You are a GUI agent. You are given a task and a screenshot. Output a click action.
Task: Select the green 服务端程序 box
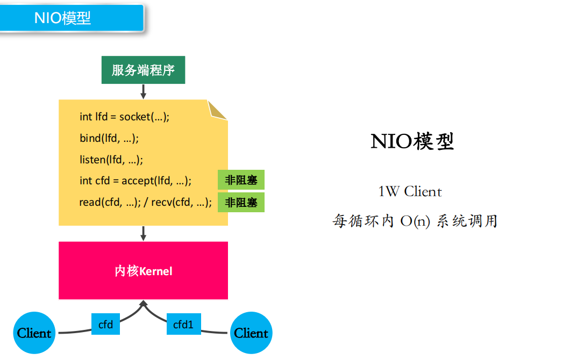click(143, 70)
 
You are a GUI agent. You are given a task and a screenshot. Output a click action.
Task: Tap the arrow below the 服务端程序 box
click(143, 91)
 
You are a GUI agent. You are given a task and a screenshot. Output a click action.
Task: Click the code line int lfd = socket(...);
click(124, 117)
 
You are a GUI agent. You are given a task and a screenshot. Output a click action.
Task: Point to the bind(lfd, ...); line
click(109, 138)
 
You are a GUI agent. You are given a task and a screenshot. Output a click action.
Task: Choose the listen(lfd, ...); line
click(111, 160)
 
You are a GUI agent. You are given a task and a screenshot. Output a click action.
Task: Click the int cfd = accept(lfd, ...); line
click(136, 181)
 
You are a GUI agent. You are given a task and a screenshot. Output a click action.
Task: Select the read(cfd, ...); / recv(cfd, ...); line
click(145, 203)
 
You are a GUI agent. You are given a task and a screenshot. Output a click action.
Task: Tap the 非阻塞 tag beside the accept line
click(241, 181)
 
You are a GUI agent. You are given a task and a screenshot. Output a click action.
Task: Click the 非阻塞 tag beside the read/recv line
click(241, 203)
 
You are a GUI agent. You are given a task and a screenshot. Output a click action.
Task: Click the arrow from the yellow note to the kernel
click(143, 233)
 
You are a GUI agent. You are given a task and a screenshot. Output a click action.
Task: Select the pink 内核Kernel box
click(143, 270)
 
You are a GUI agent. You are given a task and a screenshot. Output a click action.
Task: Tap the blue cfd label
click(105, 324)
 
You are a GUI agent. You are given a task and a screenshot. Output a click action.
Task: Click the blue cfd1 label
click(183, 324)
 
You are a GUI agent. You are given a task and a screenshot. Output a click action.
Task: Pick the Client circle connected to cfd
click(34, 333)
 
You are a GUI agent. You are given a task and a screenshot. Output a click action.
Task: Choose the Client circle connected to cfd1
click(251, 333)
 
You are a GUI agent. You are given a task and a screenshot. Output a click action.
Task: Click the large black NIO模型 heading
click(412, 141)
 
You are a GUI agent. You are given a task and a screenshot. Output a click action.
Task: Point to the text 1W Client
click(410, 191)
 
